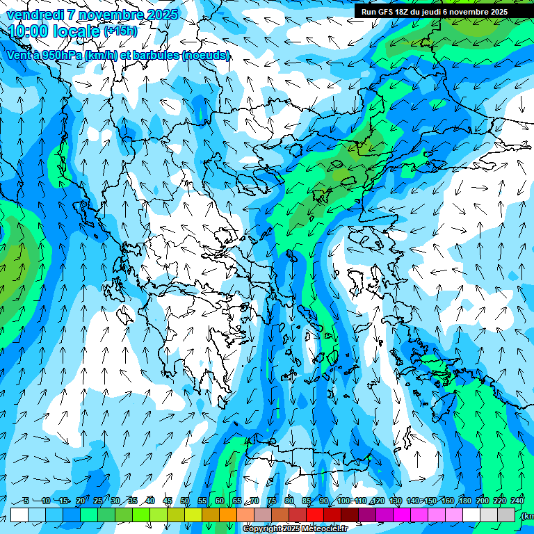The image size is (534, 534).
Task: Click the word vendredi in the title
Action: pos(32,14)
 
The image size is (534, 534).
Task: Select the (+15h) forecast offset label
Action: pos(120,31)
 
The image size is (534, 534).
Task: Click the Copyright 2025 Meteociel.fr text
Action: pos(294,529)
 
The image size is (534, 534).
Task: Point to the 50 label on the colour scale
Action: pos(185,501)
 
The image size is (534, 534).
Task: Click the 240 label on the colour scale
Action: pos(517,501)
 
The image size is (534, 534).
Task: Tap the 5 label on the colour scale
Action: pos(26,501)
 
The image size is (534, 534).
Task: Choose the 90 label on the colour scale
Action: pos(324,501)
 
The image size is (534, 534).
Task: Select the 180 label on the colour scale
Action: pos(465,501)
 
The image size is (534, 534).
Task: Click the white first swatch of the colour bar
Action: pos(19,515)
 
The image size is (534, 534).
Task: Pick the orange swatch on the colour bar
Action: pos(228,515)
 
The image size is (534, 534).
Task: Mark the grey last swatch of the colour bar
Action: pos(506,515)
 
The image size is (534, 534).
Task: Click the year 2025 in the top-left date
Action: pos(159,14)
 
